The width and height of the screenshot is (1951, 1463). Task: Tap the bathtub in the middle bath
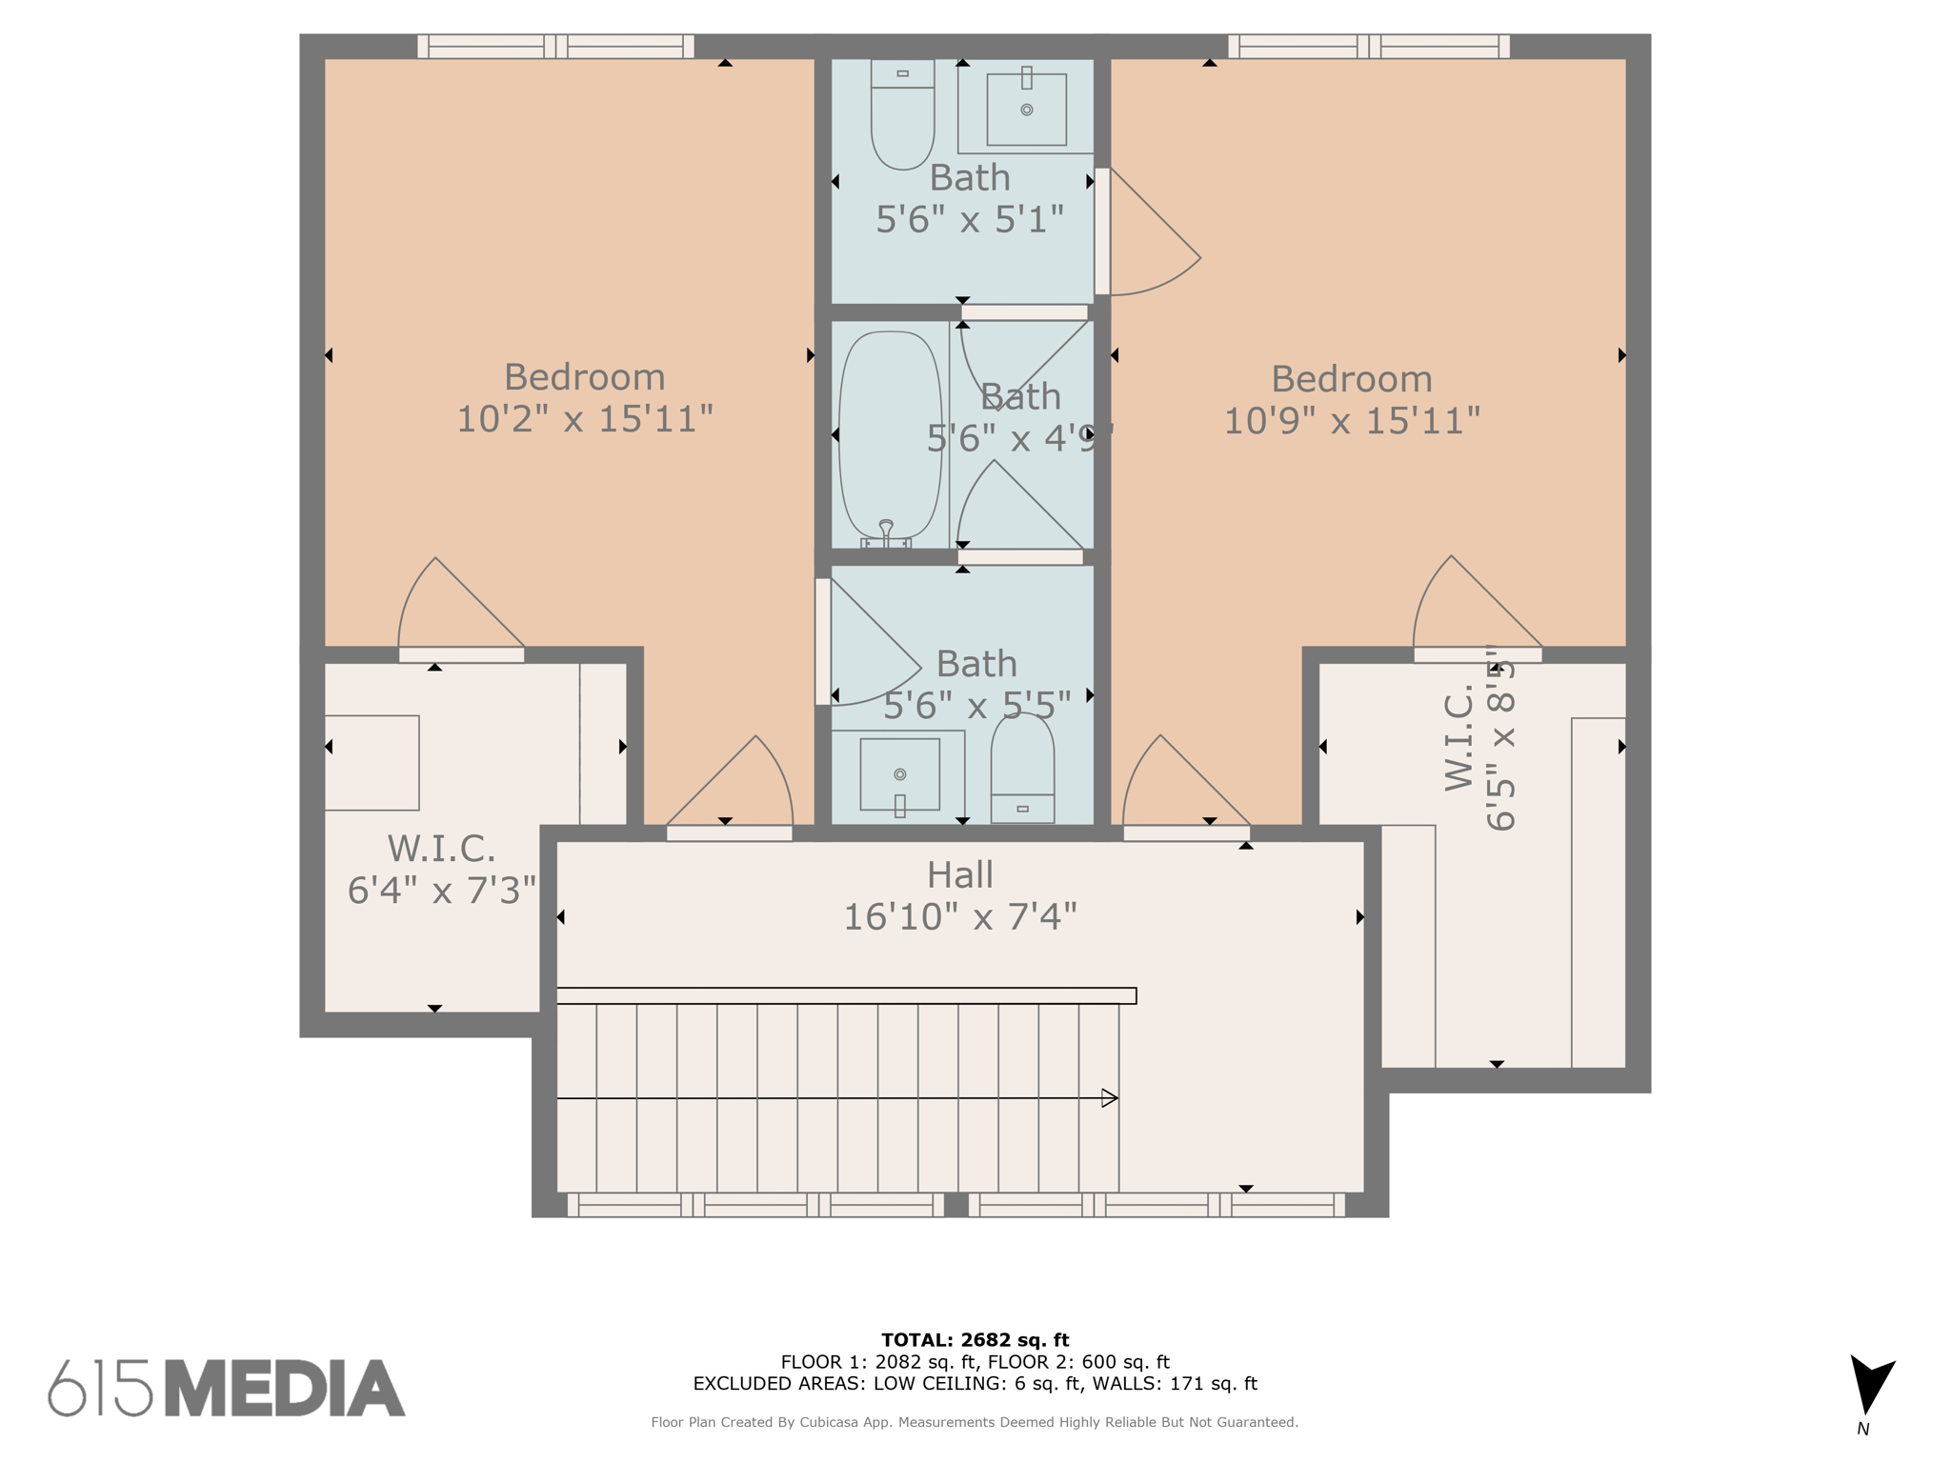[x=890, y=435]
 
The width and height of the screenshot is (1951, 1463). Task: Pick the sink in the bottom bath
[x=900, y=773]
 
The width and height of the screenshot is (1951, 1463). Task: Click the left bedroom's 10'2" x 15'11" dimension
[x=584, y=419]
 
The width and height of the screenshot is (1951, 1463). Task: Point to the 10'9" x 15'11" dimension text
[x=1351, y=421]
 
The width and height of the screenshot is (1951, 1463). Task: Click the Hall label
[x=959, y=874]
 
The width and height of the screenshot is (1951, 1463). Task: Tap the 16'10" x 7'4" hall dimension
[x=959, y=916]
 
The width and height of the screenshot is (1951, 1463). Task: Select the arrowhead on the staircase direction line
[x=1109, y=1098]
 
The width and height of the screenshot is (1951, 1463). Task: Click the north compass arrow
[x=1870, y=1386]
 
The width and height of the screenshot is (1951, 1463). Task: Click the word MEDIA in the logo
[x=284, y=1389]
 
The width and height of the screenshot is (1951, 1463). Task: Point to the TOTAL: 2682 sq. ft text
[x=975, y=1340]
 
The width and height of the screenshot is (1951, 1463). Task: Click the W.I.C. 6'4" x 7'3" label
[x=441, y=869]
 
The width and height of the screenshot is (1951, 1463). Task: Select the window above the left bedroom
[x=555, y=47]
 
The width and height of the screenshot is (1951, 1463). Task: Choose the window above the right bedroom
[x=1368, y=47]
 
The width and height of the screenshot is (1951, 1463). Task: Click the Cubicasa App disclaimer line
[x=975, y=1422]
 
